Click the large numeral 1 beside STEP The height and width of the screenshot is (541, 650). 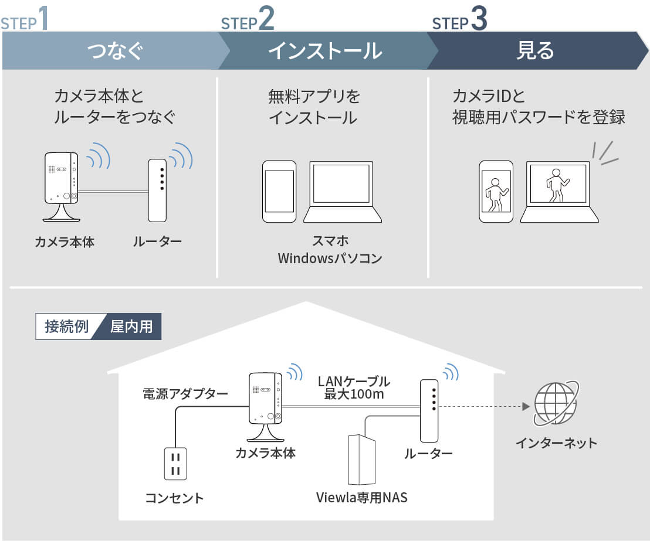43,18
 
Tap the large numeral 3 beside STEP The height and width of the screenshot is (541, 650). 479,18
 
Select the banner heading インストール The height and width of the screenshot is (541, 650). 325,51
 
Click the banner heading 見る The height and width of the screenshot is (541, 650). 535,50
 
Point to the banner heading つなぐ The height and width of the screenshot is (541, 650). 115,51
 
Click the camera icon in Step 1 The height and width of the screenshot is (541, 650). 61,186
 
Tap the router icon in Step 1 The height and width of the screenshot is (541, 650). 158,190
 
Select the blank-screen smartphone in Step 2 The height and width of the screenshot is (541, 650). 279,192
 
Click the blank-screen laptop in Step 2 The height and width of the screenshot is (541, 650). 343,192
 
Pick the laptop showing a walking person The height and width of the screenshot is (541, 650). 559,192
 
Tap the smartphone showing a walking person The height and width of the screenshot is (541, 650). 496,192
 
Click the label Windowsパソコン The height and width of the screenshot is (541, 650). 330,258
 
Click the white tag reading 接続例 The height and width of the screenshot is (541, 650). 66,326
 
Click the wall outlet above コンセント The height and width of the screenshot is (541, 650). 175,464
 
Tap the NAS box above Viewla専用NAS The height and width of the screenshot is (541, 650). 361,460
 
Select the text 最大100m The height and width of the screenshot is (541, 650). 354,394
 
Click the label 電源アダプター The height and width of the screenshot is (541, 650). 185,393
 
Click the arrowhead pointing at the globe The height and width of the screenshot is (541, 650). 526,406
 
